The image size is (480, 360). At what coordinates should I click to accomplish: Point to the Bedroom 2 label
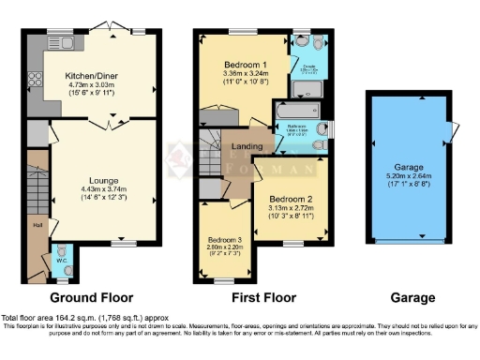pyautogui.click(x=289, y=200)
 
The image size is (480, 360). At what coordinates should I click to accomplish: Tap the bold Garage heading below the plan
pyautogui.click(x=412, y=298)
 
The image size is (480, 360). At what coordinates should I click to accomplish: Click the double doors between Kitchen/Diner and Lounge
pyautogui.click(x=112, y=122)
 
